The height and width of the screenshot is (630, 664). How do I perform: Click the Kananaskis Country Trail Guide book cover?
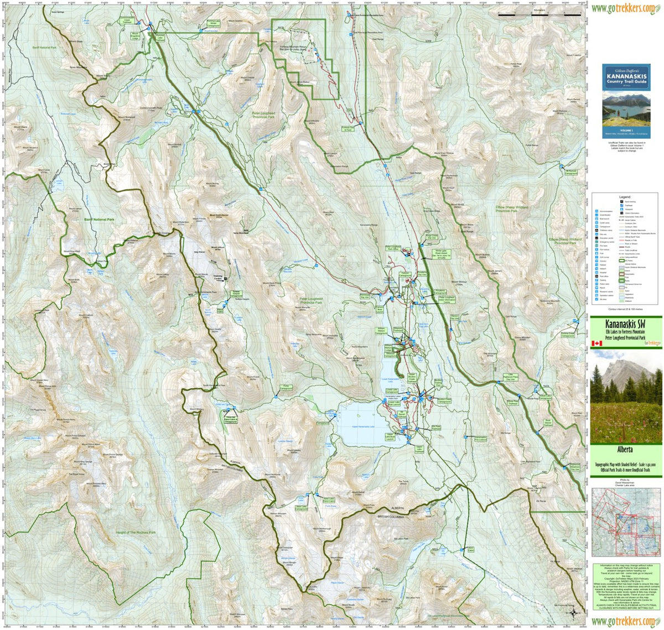(x=626, y=101)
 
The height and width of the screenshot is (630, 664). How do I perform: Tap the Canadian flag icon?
(x=596, y=343)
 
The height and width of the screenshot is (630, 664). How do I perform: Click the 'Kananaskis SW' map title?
(x=626, y=323)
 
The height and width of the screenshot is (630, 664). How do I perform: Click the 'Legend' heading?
(x=624, y=197)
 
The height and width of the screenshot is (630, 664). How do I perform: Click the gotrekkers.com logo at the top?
(x=626, y=8)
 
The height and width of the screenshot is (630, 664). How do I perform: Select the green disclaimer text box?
(x=626, y=586)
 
